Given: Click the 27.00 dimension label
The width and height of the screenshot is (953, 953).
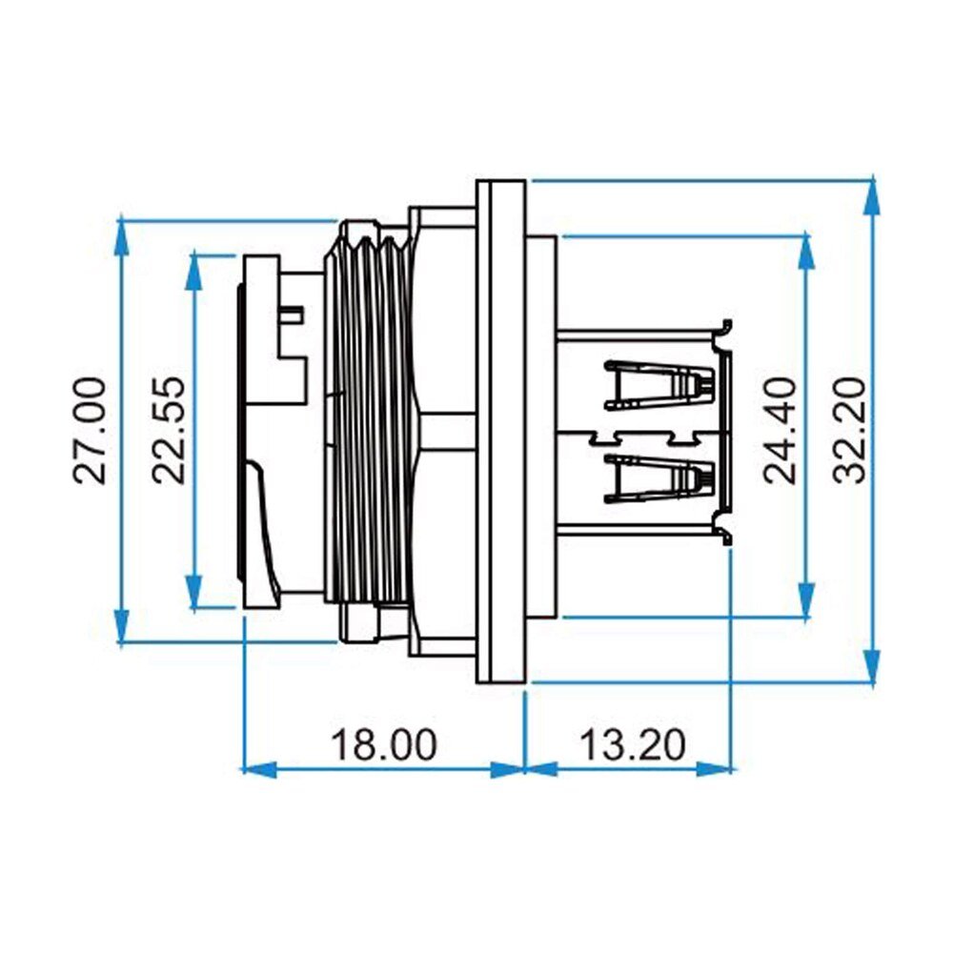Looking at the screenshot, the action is pos(90,431).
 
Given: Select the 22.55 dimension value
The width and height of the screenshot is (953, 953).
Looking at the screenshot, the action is pos(168,431).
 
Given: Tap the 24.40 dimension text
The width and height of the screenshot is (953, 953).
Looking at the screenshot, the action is pos(780,431).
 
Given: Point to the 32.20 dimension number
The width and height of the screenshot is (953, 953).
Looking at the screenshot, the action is pos(848,431).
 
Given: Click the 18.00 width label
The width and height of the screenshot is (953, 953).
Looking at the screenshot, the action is pos(383,744).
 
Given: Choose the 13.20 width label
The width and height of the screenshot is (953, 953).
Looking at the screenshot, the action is pos(633,744).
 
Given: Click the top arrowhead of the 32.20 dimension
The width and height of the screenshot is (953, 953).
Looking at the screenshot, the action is pos(872,194).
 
